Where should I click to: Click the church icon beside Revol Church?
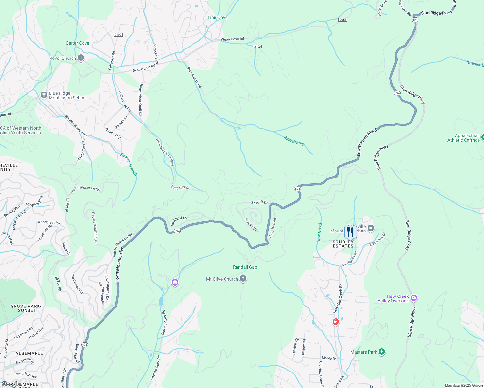point(81,58)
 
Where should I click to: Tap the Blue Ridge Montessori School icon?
point(44,95)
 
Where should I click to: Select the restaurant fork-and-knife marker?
point(350,232)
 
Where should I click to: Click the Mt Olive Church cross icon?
point(243,279)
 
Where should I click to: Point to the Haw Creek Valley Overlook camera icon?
point(413,298)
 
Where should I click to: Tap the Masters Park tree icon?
point(382,352)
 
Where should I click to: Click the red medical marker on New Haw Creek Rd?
point(336,322)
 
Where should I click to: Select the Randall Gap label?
point(245,267)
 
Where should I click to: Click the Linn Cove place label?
point(217,17)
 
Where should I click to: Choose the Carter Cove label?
point(77,43)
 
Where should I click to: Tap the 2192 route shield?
point(118,35)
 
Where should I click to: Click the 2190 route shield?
point(257,47)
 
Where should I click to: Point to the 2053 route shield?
point(343,20)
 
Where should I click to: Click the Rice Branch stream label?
point(294,141)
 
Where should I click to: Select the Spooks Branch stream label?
point(128,164)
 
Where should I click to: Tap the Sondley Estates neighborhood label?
point(343,244)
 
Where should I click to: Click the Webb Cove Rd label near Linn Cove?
point(232,39)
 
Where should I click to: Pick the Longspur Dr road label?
point(180,187)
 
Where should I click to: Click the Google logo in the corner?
point(11,384)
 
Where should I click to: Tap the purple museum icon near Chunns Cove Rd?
point(175,283)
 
